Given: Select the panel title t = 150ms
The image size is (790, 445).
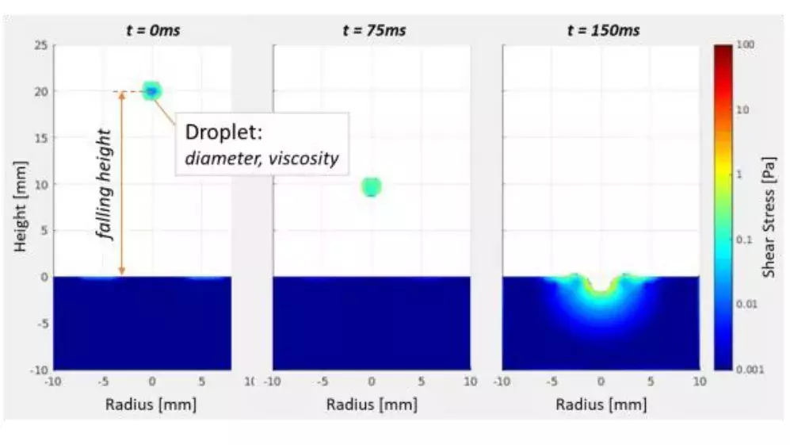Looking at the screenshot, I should [x=603, y=31].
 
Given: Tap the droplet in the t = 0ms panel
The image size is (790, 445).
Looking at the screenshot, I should [x=151, y=91].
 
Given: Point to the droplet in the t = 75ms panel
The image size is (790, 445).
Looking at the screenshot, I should [x=371, y=187].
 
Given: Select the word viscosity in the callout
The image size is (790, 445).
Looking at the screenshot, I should [x=303, y=158].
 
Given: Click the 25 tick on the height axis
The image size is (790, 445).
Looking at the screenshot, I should [x=40, y=45].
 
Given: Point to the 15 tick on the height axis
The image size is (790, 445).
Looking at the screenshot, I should [x=40, y=138].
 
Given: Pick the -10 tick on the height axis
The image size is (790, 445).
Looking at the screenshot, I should [x=37, y=370].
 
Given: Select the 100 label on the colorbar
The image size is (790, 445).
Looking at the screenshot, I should [x=745, y=46].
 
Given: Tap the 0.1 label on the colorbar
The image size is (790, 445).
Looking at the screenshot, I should [x=745, y=240].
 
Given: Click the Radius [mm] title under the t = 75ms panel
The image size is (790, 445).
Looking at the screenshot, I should [x=371, y=405].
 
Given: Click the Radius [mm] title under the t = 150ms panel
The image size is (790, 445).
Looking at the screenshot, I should [x=601, y=405].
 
